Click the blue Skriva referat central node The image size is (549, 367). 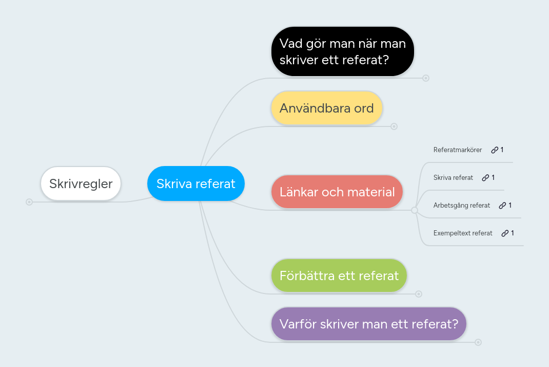(x=195, y=183)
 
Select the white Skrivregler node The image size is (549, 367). (x=81, y=183)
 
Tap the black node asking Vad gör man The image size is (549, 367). (x=342, y=51)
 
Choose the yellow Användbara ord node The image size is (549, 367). (x=326, y=108)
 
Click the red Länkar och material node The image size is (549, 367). (x=337, y=192)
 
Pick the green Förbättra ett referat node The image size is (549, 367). (x=339, y=276)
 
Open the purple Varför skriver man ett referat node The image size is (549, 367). (x=368, y=324)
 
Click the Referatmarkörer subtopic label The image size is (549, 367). (x=457, y=150)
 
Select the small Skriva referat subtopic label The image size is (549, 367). (x=453, y=178)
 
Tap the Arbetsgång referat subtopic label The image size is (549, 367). (x=461, y=206)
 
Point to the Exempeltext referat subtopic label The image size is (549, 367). (x=462, y=233)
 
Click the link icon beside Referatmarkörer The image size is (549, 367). (x=495, y=150)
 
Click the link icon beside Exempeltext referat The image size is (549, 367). (x=505, y=233)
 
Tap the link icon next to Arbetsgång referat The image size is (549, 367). (x=502, y=206)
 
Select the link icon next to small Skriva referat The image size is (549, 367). (x=485, y=178)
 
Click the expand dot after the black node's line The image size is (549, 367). (x=426, y=78)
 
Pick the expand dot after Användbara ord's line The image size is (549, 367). (x=394, y=126)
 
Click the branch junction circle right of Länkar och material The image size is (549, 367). (x=415, y=210)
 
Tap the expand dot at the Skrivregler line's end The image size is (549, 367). (x=29, y=202)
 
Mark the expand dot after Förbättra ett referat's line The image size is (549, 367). (x=419, y=294)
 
